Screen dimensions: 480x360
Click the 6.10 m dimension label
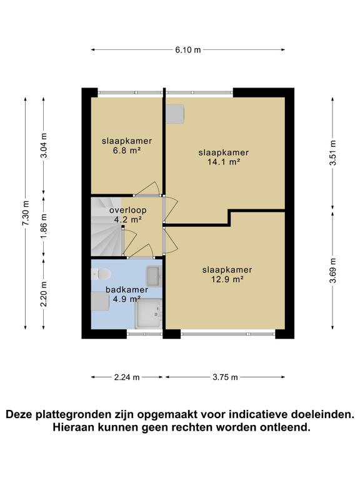click(x=188, y=49)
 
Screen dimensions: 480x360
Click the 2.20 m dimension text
click(x=43, y=294)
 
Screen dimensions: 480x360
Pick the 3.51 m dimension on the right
click(x=333, y=152)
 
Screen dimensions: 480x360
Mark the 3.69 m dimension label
click(x=333, y=270)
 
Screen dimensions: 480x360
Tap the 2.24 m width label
click(x=127, y=377)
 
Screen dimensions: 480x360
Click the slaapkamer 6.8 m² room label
click(x=127, y=146)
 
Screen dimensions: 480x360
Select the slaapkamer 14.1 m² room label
click(x=224, y=157)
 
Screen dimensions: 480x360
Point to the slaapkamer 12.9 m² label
click(x=226, y=274)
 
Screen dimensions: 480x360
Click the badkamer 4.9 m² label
click(x=126, y=294)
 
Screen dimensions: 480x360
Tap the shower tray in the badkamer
click(x=149, y=314)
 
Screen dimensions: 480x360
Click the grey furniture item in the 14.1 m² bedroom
click(x=175, y=114)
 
